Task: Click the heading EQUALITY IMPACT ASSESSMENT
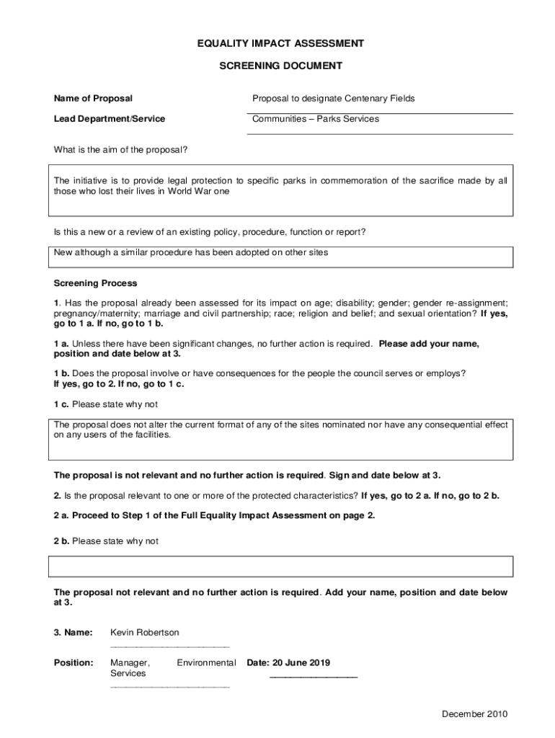point(280,44)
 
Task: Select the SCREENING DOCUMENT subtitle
point(280,66)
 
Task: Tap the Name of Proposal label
point(93,98)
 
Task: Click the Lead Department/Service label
point(110,119)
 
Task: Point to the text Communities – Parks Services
point(315,119)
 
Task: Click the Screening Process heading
point(95,283)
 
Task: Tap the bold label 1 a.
point(61,344)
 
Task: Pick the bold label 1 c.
point(61,404)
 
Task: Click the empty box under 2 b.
point(280,566)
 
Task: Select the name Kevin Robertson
point(144,632)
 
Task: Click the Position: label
point(74,662)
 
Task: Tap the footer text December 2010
point(475,714)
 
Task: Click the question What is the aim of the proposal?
point(121,150)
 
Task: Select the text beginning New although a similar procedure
point(191,252)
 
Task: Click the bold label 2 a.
point(61,515)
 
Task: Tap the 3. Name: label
point(73,632)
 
